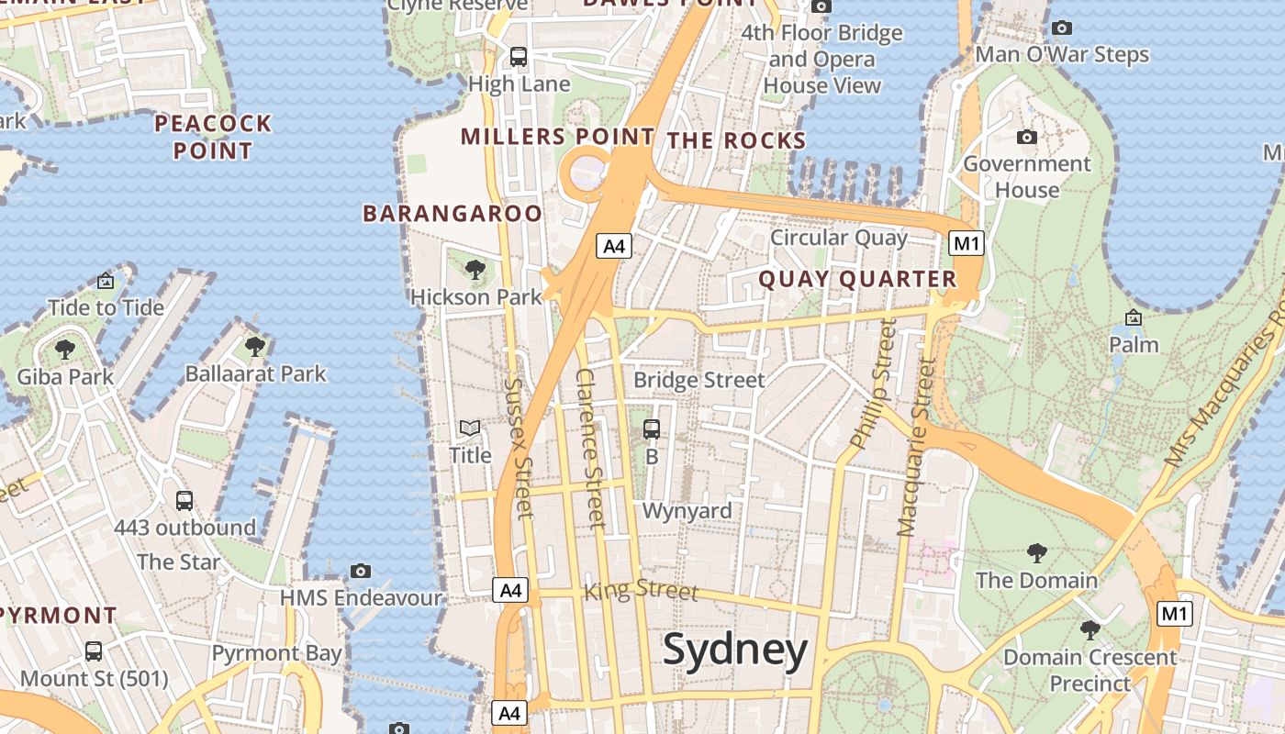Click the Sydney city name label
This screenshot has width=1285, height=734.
point(735,650)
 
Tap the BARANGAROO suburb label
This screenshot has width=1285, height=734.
point(453,214)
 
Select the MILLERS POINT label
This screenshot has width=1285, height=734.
point(557,137)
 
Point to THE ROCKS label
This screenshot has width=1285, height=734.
point(736,140)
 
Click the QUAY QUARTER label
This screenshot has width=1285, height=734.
point(857,279)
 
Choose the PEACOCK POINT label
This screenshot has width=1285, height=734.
point(213,137)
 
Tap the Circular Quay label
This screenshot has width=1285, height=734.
point(838,238)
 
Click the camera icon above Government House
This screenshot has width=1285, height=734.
point(1027,138)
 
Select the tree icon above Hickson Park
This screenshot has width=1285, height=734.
point(475,269)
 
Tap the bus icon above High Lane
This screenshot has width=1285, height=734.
point(519,57)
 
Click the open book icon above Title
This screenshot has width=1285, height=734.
point(470,428)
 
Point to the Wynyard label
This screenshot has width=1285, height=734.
point(687,511)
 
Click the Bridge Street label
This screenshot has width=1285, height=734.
point(698,380)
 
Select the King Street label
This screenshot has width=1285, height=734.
point(641,590)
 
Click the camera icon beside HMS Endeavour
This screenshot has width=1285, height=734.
point(361,571)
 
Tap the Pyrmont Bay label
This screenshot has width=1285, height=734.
point(276,653)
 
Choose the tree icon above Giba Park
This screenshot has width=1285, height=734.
point(64,349)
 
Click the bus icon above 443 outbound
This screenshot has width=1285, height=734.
point(184,500)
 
